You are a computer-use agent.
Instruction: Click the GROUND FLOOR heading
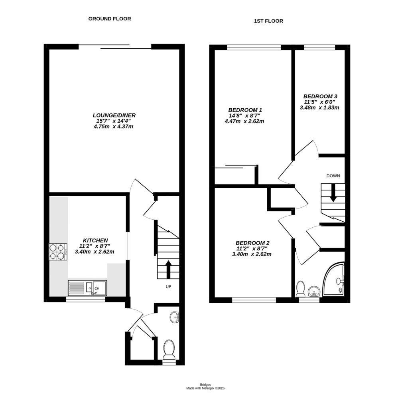click(x=110, y=19)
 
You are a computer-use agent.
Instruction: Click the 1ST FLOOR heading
click(x=268, y=21)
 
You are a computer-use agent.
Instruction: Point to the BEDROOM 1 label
click(x=244, y=110)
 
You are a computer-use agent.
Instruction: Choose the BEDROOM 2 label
click(x=252, y=243)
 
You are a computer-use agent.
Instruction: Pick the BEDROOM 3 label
click(x=320, y=96)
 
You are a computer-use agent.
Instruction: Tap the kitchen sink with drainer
click(x=87, y=287)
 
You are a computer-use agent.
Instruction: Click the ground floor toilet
click(x=169, y=348)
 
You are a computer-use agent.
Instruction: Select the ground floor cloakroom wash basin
click(x=174, y=318)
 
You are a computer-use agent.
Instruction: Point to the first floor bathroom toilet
click(x=301, y=289)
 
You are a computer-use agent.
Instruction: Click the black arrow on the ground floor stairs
click(x=168, y=269)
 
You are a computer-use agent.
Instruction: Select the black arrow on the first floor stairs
click(x=333, y=193)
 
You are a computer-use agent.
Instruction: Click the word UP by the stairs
click(x=169, y=286)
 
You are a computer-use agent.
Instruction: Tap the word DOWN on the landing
click(x=333, y=176)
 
